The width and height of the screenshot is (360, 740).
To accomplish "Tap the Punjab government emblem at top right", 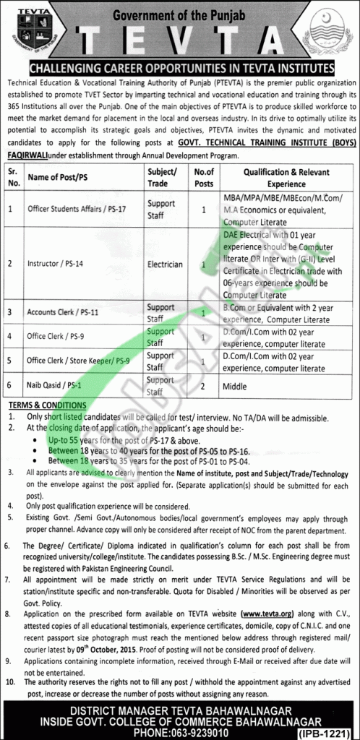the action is [x=329, y=33].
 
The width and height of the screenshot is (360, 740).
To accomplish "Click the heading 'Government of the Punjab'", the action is [x=180, y=10].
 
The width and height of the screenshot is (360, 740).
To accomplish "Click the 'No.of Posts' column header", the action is [x=205, y=177].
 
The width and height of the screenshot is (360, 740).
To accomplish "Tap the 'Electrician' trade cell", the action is [x=165, y=264].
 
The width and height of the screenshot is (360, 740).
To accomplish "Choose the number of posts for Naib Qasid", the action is [x=205, y=387].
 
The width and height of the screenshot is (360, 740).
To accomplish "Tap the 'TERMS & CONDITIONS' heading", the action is [x=48, y=405].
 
